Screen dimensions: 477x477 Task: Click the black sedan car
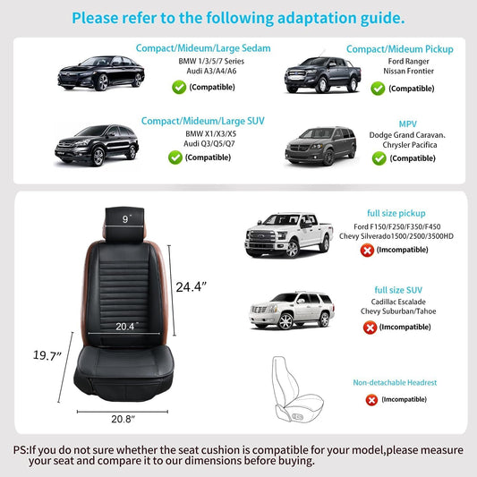coord(101,73)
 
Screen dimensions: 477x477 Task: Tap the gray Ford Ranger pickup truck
coord(322,75)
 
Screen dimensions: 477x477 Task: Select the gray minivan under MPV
coord(320,146)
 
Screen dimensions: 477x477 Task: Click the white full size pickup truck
coord(289,234)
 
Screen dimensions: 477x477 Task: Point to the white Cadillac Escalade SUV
coord(292,311)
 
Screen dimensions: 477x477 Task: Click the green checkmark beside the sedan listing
coord(179,88)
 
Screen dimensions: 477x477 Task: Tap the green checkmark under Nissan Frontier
coord(378,89)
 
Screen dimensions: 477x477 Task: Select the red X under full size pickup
coord(367,251)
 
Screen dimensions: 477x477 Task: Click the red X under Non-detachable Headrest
coord(371,400)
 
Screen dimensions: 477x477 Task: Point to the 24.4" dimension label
coord(191,287)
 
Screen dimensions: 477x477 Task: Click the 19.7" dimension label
coord(47,355)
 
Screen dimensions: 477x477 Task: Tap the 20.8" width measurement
coord(123,419)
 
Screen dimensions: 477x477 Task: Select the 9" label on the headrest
coord(127,218)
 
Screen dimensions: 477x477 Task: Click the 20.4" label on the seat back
coord(127,327)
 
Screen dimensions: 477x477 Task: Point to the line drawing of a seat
coord(297,389)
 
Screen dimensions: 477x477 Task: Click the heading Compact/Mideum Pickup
coord(400,49)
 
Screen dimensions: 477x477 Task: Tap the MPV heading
coord(407,124)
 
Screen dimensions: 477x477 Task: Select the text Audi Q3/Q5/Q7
coord(209,143)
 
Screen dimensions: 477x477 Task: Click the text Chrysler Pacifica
coord(410,145)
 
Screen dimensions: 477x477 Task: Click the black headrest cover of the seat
coord(124,225)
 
